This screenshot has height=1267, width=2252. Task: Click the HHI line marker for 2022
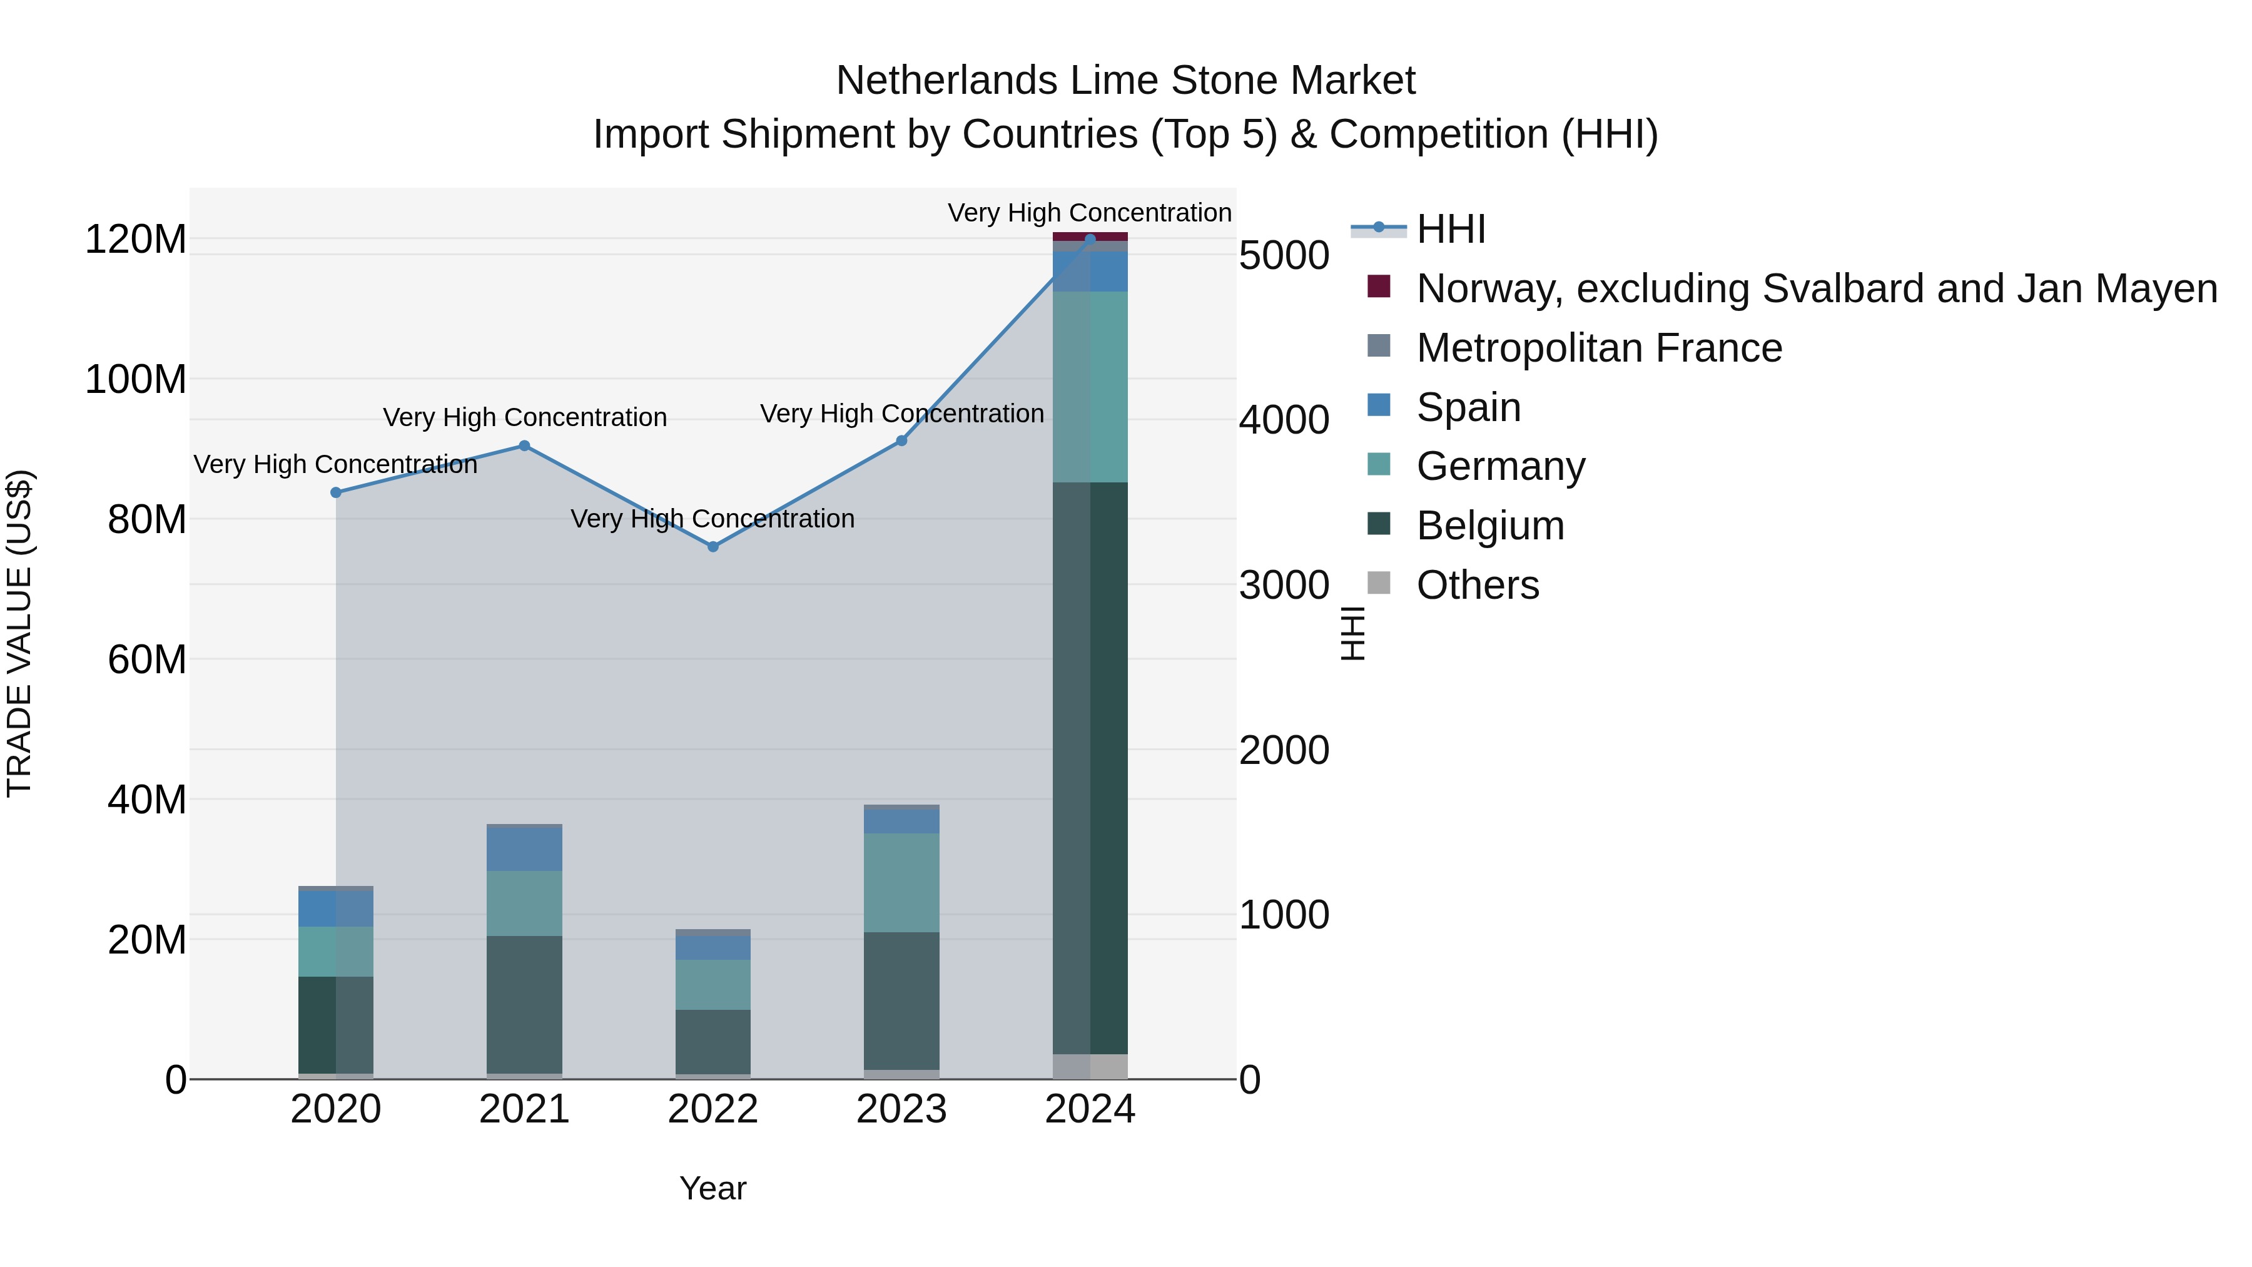point(713,546)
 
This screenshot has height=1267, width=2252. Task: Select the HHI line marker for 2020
point(336,492)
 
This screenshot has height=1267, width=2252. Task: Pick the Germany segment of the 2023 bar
point(901,882)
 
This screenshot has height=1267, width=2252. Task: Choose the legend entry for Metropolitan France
point(1599,348)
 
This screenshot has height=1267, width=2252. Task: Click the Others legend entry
point(1478,585)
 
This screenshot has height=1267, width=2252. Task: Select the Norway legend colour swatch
point(1379,286)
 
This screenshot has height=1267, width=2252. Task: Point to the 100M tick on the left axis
point(136,380)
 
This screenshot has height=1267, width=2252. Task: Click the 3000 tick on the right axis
point(1284,585)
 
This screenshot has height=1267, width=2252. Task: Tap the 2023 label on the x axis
point(901,1109)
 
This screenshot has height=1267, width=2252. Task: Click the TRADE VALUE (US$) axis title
point(19,633)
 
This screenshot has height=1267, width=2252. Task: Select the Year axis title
point(713,1188)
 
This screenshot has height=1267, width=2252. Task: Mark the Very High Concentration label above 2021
point(525,417)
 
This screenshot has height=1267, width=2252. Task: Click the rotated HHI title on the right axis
point(1352,633)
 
